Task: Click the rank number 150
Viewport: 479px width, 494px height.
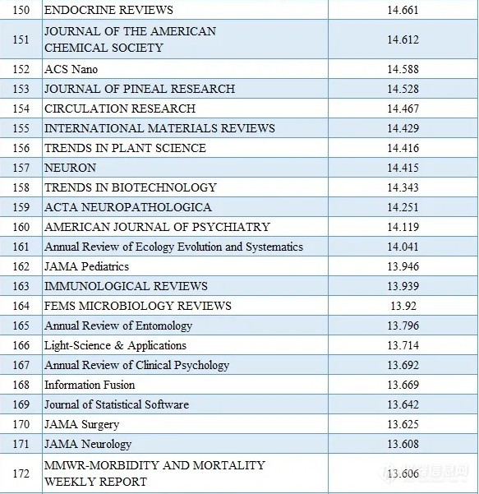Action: pos(21,10)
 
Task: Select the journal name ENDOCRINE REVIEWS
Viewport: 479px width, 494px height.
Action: pos(108,10)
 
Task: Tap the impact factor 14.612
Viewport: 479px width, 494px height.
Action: pos(403,39)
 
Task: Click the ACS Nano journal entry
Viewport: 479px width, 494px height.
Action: pos(71,69)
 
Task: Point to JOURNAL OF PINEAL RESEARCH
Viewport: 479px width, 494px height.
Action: pos(140,89)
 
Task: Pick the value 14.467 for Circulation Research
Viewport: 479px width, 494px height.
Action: pos(403,108)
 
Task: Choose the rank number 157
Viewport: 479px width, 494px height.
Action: pos(21,168)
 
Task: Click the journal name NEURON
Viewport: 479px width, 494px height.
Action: pos(70,168)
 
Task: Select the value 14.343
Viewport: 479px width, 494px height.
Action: pos(403,187)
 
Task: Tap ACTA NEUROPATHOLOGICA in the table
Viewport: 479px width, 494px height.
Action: pos(128,207)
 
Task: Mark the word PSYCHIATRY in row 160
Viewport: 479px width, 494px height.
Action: pos(231,227)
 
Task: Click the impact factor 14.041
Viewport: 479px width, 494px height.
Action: pos(403,247)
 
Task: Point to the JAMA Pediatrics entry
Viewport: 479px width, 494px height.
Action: pos(86,266)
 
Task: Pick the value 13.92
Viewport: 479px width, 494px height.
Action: pos(403,306)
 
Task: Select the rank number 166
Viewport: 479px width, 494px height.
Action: pos(21,345)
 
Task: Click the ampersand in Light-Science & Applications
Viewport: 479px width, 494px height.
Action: pos(119,345)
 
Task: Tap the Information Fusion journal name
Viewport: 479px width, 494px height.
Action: pos(90,385)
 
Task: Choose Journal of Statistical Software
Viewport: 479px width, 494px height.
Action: pos(117,404)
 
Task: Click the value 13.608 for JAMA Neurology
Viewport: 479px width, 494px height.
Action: pos(403,444)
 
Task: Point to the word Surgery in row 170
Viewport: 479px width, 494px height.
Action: pos(100,425)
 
